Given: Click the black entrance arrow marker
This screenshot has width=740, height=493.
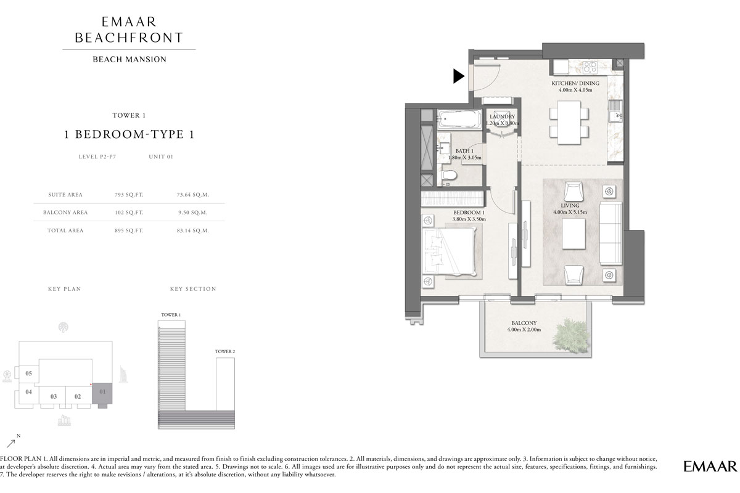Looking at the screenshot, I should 458,76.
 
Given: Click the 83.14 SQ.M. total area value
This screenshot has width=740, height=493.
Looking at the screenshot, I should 193,230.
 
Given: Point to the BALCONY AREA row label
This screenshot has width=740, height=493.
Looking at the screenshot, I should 68,213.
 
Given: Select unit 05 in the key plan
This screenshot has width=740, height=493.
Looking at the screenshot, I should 28,373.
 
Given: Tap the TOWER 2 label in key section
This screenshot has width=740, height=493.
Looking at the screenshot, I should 225,351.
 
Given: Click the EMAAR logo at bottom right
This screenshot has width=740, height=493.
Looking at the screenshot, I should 709,466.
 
